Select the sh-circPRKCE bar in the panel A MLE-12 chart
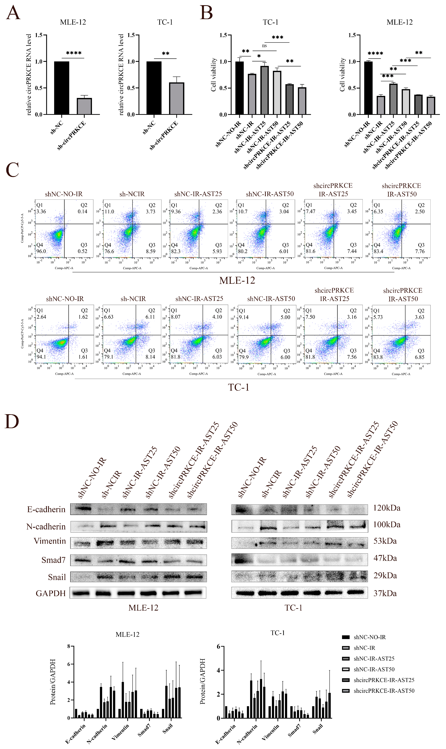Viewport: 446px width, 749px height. coord(85,106)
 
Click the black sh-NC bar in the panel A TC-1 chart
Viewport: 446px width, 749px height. coord(154,88)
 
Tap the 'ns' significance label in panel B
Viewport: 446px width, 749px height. coord(264,46)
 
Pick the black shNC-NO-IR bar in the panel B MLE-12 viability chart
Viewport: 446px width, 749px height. coord(368,88)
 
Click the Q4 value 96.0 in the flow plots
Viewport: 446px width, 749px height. coord(41,251)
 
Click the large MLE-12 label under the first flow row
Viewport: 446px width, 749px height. coord(237,280)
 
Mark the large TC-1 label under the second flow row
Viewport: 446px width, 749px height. coord(239,387)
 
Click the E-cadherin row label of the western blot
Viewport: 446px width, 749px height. coord(46,509)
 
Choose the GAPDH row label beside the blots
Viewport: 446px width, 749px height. coord(50,593)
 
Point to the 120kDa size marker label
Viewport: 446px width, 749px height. coord(387,508)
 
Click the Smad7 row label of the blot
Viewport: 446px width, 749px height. coord(53,560)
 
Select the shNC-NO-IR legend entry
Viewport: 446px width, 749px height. coord(369,637)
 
